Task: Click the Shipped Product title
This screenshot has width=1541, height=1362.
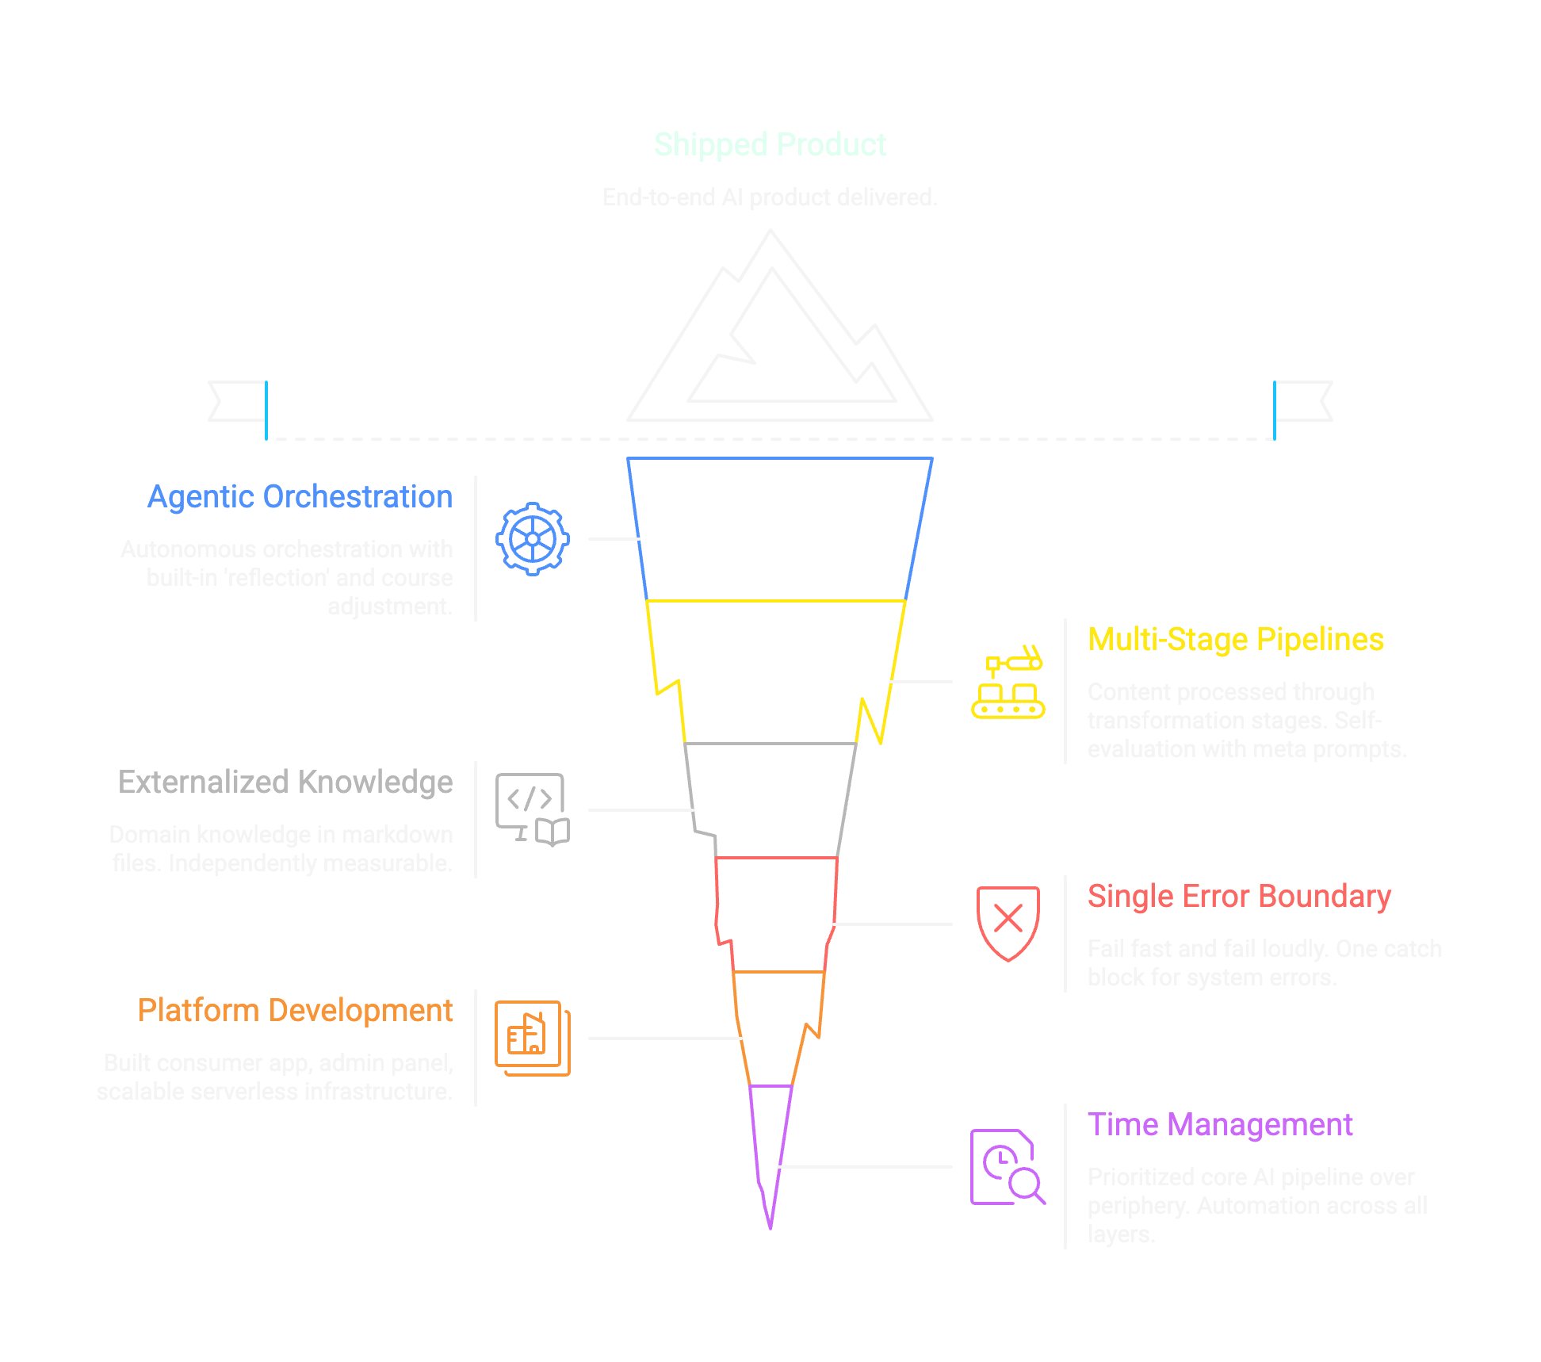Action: tap(769, 145)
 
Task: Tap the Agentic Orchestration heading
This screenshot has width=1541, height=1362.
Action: tap(300, 497)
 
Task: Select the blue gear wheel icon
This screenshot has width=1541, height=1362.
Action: tap(533, 539)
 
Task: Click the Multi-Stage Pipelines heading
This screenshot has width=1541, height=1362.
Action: tap(1235, 640)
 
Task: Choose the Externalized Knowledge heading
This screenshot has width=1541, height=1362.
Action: tap(285, 782)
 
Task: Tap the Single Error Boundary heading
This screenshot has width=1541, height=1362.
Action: tap(1238, 897)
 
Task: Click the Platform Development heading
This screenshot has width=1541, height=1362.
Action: tap(295, 1011)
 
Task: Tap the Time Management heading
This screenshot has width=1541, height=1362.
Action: tap(1219, 1125)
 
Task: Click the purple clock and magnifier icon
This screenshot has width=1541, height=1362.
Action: tap(1008, 1167)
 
